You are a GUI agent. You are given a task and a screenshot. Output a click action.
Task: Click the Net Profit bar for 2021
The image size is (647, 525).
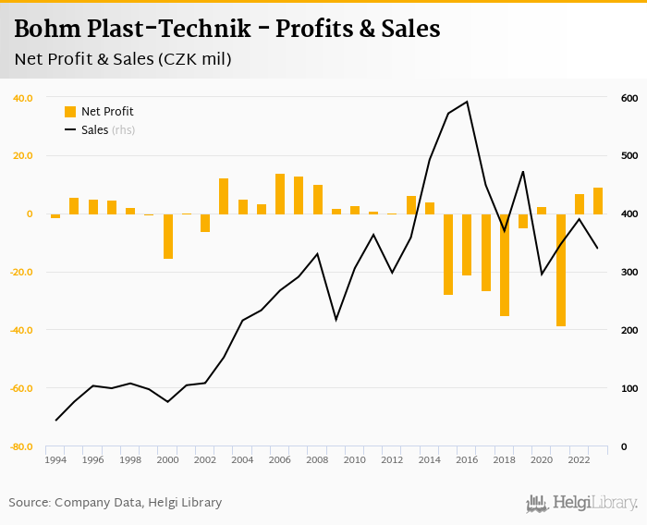point(561,270)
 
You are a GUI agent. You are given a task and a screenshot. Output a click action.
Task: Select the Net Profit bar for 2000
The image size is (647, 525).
point(168,236)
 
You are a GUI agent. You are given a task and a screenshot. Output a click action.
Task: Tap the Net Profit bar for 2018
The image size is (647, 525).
point(505,265)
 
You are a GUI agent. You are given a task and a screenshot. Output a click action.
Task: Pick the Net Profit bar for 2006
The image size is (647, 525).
point(280,194)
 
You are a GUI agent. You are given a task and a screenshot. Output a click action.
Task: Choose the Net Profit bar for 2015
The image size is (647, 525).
point(448,254)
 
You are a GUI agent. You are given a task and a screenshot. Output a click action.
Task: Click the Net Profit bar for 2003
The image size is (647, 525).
point(224,196)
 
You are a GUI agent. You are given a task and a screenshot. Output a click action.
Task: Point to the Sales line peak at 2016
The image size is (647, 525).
point(467,102)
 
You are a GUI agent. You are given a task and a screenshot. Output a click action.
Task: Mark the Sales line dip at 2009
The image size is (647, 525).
point(336,320)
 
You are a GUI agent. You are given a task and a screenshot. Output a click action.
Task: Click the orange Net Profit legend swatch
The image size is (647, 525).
point(70,112)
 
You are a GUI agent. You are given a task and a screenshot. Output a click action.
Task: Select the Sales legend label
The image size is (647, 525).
point(95,130)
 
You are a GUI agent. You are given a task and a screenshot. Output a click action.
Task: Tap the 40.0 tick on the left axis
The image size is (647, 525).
point(23,98)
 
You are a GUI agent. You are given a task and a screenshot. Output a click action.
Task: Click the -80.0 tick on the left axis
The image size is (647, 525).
point(21,447)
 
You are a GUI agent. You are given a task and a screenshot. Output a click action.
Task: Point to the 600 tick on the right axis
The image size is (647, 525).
point(629,98)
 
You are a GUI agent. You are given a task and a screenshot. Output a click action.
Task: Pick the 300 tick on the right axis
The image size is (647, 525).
point(629,273)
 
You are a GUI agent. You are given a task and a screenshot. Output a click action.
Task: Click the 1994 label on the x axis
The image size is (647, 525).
point(55,460)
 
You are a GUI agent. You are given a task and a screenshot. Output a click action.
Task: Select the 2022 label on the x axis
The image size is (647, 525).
point(580,460)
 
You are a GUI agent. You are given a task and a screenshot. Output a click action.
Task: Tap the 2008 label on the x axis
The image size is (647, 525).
point(318,460)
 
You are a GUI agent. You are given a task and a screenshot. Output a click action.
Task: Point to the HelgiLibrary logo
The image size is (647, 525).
point(581,504)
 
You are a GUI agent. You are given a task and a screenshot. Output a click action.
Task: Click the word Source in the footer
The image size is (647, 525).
point(30,503)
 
